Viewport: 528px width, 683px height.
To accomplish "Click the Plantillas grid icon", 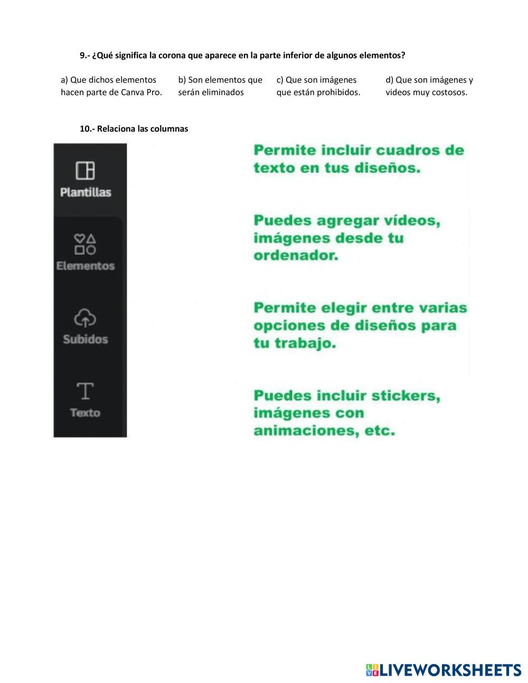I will [x=85, y=170].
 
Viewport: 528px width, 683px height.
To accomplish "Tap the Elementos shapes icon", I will [x=85, y=244].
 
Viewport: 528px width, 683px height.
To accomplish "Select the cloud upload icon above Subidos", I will [x=85, y=318].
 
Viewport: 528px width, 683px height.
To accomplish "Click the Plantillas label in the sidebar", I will [x=86, y=192].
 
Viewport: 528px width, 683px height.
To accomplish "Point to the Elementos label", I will [x=86, y=266].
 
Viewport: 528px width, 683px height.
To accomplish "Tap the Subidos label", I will [x=86, y=339].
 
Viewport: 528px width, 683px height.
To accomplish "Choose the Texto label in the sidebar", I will [x=85, y=413].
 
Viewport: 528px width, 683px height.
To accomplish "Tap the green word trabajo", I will [x=312, y=344].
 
